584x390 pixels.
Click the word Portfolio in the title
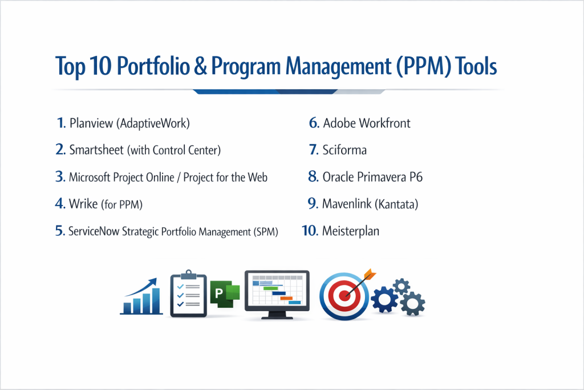pyautogui.click(x=153, y=66)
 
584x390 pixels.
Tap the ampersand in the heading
pyautogui.click(x=200, y=66)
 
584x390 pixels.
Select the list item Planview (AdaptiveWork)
pyautogui.click(x=129, y=123)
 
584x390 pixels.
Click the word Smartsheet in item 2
pyautogui.click(x=96, y=150)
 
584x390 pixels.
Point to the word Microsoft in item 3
pyautogui.click(x=90, y=177)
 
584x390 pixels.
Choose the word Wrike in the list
pyautogui.click(x=83, y=204)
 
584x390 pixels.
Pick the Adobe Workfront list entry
pyautogui.click(x=367, y=123)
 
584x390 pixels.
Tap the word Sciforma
pyautogui.click(x=344, y=150)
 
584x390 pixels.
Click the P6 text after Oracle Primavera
pyautogui.click(x=416, y=177)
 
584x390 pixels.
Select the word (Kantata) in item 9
pyautogui.click(x=396, y=204)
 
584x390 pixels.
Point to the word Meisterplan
pyautogui.click(x=351, y=231)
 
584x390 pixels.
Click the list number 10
pyautogui.click(x=310, y=231)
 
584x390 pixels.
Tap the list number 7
pyautogui.click(x=314, y=150)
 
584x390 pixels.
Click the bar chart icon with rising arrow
pyautogui.click(x=141, y=296)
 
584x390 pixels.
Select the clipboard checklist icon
pyautogui.click(x=188, y=294)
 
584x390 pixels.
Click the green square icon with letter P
pyautogui.click(x=225, y=294)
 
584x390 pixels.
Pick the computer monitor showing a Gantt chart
pyautogui.click(x=277, y=295)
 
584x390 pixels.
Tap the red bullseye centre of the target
pyautogui.click(x=344, y=296)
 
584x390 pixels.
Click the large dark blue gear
pyautogui.click(x=384, y=299)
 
